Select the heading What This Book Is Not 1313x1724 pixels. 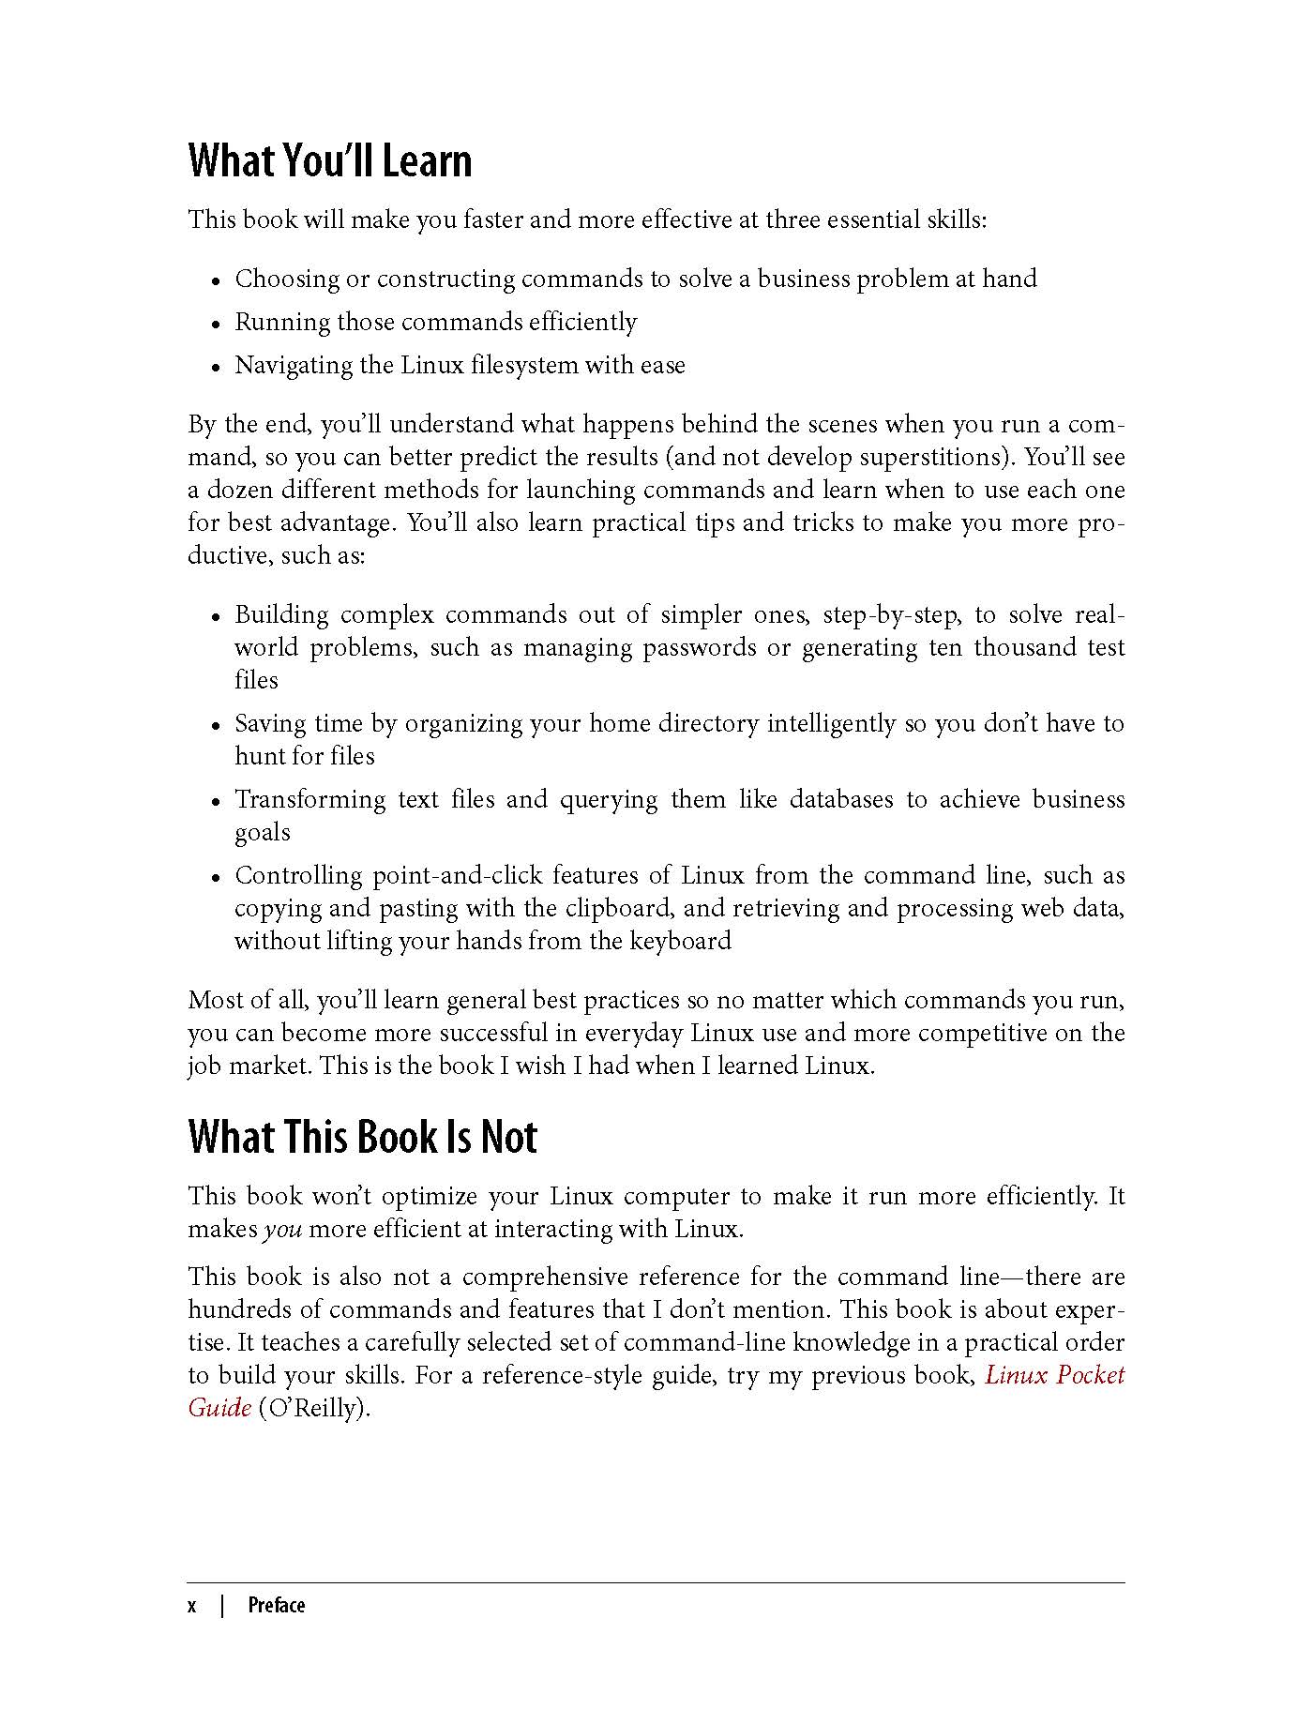[362, 1138]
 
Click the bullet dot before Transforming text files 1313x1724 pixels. [216, 802]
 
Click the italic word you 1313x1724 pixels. [282, 1230]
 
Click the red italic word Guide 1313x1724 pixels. [219, 1408]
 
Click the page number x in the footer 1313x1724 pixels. [192, 1606]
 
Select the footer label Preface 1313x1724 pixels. [277, 1606]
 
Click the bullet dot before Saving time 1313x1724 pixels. [216, 726]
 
